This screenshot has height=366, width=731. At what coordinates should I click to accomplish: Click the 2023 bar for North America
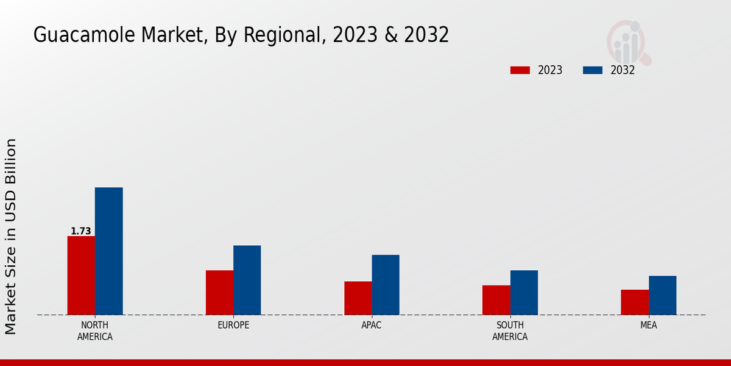[x=81, y=275]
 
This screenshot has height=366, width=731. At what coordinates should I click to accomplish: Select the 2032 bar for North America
[x=108, y=251]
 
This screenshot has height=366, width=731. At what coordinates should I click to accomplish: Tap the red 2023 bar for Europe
[x=219, y=292]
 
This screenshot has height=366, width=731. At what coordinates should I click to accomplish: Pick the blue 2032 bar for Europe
[x=247, y=280]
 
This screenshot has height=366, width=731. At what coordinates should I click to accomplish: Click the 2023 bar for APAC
[x=358, y=298]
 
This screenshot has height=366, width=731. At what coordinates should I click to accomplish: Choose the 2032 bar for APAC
[x=386, y=284]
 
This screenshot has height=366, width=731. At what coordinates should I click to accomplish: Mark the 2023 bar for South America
[x=496, y=300]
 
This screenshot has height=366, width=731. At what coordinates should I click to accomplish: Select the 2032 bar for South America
[x=524, y=292]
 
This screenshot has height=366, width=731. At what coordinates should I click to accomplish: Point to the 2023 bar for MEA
[x=634, y=302]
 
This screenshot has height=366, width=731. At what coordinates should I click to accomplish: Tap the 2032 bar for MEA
[x=662, y=295]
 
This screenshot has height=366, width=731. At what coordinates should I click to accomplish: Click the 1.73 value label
[x=81, y=231]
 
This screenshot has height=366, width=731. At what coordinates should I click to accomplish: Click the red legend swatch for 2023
[x=520, y=70]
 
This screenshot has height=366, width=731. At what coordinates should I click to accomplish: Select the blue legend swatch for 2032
[x=592, y=70]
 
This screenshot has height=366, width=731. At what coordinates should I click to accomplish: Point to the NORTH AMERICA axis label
[x=94, y=331]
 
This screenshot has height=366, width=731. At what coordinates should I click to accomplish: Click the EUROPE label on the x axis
[x=233, y=325]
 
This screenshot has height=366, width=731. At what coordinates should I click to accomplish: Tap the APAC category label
[x=371, y=325]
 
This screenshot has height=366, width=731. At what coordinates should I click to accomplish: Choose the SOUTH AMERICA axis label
[x=510, y=331]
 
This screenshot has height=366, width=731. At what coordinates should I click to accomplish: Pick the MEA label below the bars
[x=648, y=325]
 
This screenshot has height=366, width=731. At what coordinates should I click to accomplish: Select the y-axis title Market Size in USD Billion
[x=11, y=236]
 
